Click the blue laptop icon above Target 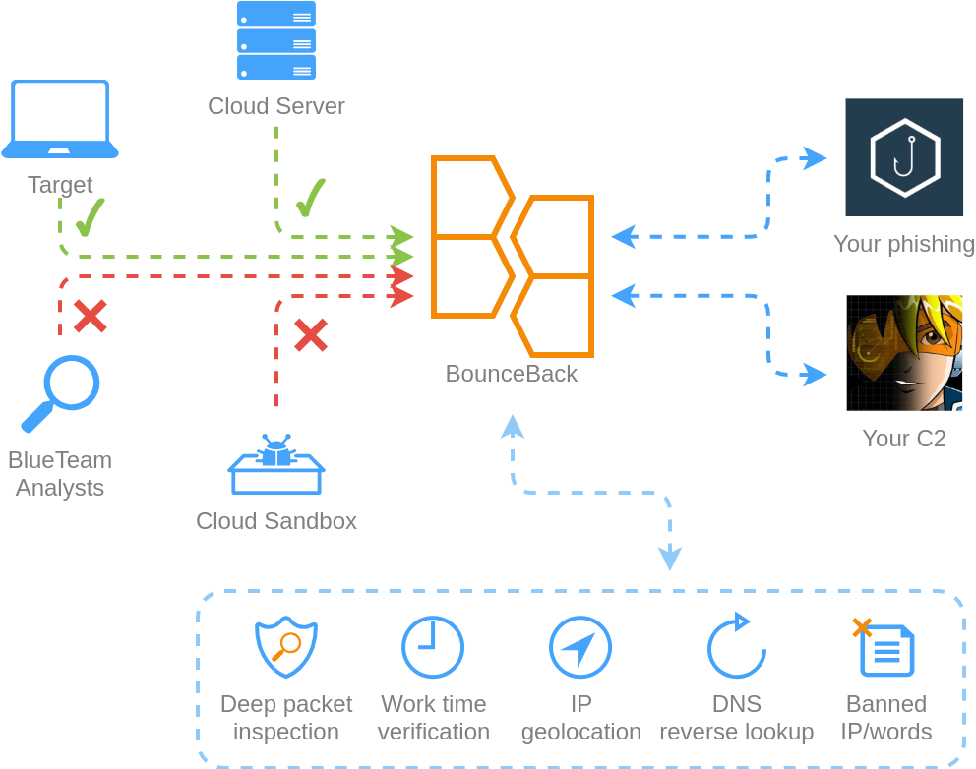[x=60, y=119]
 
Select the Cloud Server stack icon [x=276, y=40]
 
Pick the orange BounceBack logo [x=512, y=257]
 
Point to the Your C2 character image [x=904, y=352]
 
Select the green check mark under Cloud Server [x=311, y=198]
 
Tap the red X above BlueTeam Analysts [x=91, y=316]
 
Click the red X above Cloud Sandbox [x=311, y=335]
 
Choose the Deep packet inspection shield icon [x=285, y=647]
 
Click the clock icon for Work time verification [x=433, y=647]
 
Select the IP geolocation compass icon [x=580, y=647]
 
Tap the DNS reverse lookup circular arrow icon [x=736, y=647]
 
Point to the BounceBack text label [x=512, y=374]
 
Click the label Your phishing [x=903, y=244]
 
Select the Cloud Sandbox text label [x=276, y=521]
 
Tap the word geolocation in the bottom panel [x=580, y=732]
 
